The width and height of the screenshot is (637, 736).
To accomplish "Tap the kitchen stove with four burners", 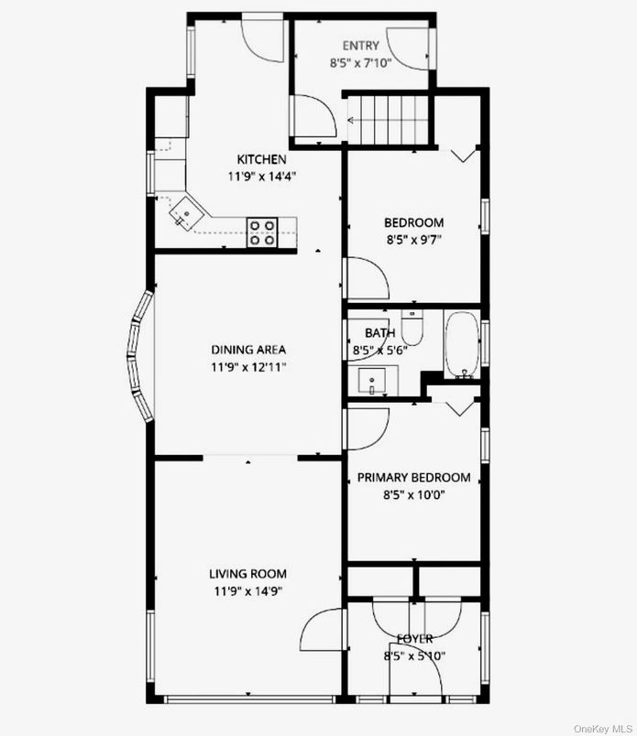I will [262, 232].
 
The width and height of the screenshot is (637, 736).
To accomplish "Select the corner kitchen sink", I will [184, 216].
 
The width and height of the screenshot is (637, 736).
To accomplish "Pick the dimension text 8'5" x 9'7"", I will [413, 239].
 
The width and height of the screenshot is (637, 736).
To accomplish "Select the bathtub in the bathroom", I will [461, 345].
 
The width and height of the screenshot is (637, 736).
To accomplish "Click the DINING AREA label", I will [248, 349].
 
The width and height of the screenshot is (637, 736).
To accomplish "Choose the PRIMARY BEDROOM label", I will [413, 477].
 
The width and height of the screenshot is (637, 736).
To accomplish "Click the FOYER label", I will [414, 638].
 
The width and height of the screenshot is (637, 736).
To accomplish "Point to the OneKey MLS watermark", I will [602, 728].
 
